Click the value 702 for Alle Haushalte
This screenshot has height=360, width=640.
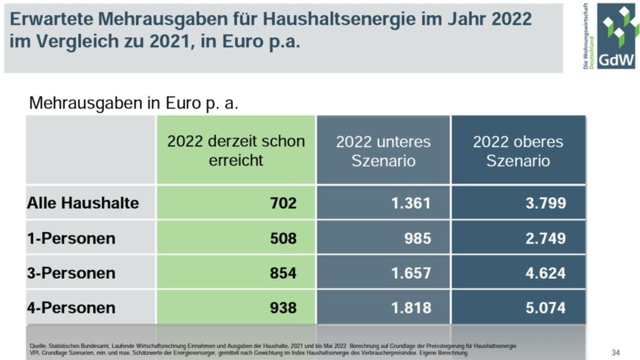click(x=283, y=203)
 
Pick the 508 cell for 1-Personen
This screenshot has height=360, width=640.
click(x=283, y=239)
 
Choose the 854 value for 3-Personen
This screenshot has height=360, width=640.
click(x=283, y=273)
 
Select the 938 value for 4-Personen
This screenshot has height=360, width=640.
click(x=283, y=308)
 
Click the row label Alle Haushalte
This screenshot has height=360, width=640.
click(x=83, y=203)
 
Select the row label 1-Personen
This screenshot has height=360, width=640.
click(x=71, y=239)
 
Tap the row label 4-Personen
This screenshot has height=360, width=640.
click(x=71, y=308)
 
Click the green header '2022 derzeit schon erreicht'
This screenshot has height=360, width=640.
click(x=236, y=151)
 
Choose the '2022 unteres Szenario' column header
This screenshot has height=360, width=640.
click(x=383, y=151)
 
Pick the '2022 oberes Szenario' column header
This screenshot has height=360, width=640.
click(x=518, y=151)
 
